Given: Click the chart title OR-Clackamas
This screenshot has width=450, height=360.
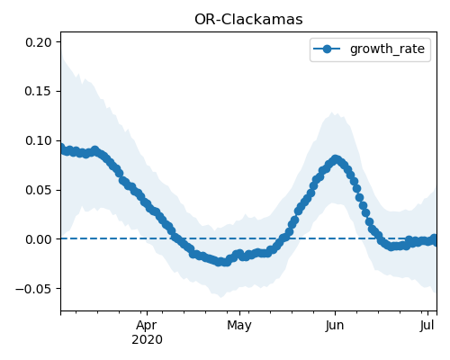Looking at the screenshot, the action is click(x=248, y=20).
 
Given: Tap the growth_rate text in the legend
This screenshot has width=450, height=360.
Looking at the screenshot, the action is click(x=387, y=49).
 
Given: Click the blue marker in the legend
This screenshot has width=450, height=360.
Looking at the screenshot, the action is click(x=327, y=49).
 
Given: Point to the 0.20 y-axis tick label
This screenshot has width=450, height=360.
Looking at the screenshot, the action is click(x=39, y=42).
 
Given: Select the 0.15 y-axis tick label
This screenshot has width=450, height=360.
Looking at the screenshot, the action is click(x=39, y=91).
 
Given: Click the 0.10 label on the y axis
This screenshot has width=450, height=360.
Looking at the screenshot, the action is click(x=39, y=140).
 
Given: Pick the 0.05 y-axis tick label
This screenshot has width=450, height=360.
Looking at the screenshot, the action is click(x=39, y=190).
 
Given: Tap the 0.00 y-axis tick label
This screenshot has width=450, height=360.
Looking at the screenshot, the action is click(x=39, y=239).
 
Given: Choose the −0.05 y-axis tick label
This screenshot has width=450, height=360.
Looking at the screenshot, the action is click(x=33, y=289).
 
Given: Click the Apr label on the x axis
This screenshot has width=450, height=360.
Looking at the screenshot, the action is click(x=147, y=325).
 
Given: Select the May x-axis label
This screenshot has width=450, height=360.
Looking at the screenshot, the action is click(x=239, y=325).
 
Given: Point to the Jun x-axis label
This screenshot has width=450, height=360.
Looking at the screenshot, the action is click(x=335, y=325).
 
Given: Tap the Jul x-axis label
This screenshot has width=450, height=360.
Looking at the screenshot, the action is click(x=427, y=325).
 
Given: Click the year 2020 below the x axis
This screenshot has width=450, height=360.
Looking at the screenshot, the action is click(x=147, y=339).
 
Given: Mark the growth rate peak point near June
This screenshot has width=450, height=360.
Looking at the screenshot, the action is click(x=336, y=159).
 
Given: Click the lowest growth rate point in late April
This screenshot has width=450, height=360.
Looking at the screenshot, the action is click(x=220, y=262).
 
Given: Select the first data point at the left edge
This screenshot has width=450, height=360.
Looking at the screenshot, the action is click(x=62, y=148).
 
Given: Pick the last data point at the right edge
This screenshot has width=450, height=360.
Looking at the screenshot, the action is click(x=434, y=241).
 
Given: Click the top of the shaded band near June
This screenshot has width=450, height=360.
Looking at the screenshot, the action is click(x=332, y=112).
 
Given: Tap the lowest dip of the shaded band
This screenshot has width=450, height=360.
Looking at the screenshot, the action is click(x=221, y=297).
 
